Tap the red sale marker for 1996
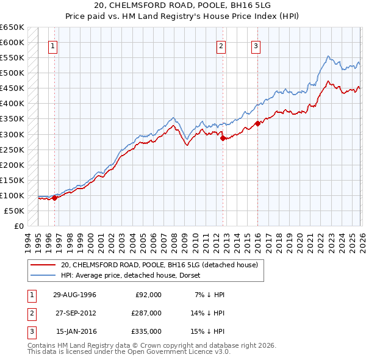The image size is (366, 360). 54,197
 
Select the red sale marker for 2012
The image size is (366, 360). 223,138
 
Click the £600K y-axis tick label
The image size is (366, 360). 12,42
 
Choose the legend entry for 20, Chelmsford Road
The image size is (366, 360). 160,265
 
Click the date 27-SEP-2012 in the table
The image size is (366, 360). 76,313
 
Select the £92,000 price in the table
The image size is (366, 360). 148,295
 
